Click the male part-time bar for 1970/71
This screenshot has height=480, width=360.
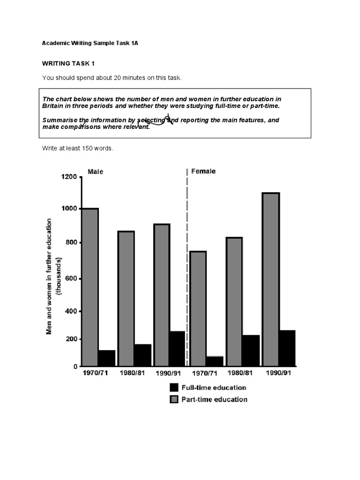click(90, 287)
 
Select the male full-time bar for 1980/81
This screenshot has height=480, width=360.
click(143, 355)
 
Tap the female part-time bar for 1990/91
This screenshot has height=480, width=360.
click(271, 279)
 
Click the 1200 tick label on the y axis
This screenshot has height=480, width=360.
click(67, 177)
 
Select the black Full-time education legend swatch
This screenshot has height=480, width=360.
click(174, 388)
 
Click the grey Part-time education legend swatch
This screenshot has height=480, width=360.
click(174, 399)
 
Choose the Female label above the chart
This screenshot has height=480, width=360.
click(203, 171)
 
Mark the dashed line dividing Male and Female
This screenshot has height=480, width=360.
click(187, 267)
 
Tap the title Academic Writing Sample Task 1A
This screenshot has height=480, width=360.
click(90, 43)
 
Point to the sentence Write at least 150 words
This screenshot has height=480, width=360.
click(78, 149)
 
